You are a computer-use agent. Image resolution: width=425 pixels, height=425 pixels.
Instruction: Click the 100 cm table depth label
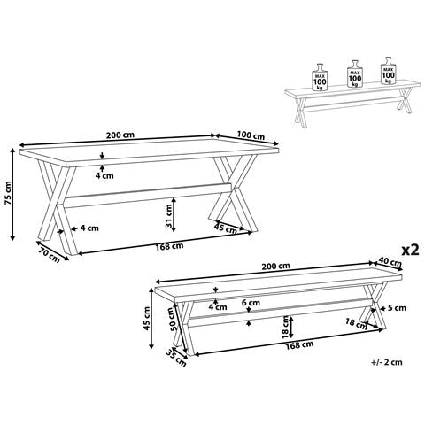tap(251, 135)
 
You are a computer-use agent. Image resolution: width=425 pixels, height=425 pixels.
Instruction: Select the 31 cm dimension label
tap(168, 216)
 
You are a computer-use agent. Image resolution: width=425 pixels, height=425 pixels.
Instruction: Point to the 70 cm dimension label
tap(49, 254)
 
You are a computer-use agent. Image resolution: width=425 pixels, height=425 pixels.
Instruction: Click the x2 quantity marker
tap(411, 250)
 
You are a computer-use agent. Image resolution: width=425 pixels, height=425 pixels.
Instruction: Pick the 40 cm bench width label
tap(390, 262)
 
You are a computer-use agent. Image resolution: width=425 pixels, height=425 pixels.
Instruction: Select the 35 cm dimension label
tap(176, 358)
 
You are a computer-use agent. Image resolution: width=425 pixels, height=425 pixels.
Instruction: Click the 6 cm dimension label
tap(251, 303)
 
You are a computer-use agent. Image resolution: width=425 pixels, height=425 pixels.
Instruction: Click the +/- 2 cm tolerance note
tap(387, 362)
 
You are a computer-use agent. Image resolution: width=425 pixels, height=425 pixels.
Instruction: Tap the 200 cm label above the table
tap(120, 135)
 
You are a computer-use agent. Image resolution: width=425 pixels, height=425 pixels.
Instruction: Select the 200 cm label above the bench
tap(275, 266)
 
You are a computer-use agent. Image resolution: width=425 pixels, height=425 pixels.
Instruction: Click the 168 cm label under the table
tap(169, 246)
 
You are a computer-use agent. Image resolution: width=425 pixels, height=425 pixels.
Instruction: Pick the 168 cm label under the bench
tap(299, 344)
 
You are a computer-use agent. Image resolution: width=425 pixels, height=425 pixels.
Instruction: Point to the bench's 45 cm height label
tap(146, 319)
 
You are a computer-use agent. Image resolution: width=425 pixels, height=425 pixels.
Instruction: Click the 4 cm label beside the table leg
tap(89, 228)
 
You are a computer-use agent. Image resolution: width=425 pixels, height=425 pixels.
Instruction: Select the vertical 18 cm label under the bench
tap(285, 327)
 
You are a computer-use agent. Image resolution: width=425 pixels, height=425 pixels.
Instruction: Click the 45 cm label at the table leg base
tap(226, 228)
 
